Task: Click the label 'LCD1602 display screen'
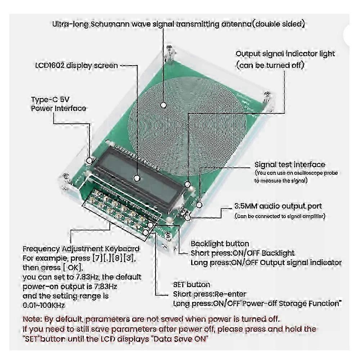pyautogui.click(x=76, y=66)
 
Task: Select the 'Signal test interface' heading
pyautogui.click(x=289, y=165)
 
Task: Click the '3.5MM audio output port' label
pyautogui.click(x=278, y=206)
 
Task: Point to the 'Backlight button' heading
pyautogui.click(x=220, y=244)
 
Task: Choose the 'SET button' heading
pyautogui.click(x=192, y=285)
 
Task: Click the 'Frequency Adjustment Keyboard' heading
pyautogui.click(x=81, y=249)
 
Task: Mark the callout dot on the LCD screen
pyautogui.click(x=137, y=177)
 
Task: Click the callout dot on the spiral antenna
pyautogui.click(x=163, y=105)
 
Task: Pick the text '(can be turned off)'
pyautogui.click(x=270, y=65)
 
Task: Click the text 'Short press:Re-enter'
pyautogui.click(x=210, y=294)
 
